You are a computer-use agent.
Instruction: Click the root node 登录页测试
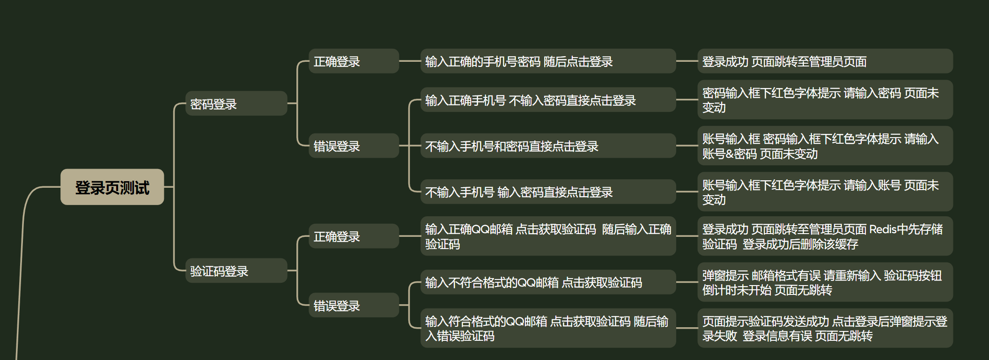[x=112, y=187]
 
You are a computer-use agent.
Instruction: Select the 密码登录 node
[x=236, y=103]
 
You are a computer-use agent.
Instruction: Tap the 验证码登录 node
[x=236, y=271]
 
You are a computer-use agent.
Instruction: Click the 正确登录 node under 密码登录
[x=354, y=61]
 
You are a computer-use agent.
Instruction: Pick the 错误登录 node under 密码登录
[x=354, y=146]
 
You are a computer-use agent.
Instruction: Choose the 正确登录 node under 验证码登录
[x=354, y=236]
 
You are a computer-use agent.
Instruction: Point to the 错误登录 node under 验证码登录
[x=354, y=306]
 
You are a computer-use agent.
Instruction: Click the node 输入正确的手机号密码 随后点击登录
[x=548, y=61]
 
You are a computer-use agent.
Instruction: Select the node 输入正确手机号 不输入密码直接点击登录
[x=548, y=100]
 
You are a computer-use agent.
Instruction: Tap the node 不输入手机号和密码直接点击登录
[x=548, y=146]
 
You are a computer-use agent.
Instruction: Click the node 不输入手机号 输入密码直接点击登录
[x=548, y=192]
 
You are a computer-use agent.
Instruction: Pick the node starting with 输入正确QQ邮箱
[x=548, y=236]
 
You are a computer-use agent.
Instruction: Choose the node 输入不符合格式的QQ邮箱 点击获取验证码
[x=548, y=282]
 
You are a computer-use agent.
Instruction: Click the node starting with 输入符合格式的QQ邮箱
[x=548, y=328]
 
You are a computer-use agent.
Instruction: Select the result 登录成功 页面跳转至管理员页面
[x=825, y=61]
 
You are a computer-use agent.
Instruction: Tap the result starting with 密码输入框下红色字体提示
[x=825, y=100]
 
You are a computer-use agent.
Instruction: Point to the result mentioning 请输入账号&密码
[x=825, y=146]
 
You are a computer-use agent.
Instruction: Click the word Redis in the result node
[x=882, y=229]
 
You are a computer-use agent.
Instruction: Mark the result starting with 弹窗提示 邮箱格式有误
[x=825, y=282]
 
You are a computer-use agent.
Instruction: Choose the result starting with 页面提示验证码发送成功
[x=825, y=328]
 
